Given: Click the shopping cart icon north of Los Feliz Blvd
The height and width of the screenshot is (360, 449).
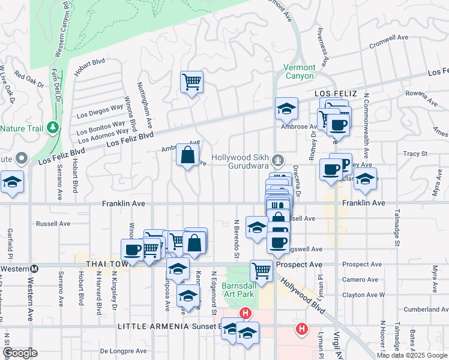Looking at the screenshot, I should pyautogui.click(x=191, y=81).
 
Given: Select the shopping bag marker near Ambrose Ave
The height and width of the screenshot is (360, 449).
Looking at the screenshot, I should pyautogui.click(x=188, y=156).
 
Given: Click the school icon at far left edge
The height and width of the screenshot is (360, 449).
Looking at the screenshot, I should pyautogui.click(x=11, y=182).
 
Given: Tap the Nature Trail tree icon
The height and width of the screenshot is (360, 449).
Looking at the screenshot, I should pyautogui.click(x=53, y=128).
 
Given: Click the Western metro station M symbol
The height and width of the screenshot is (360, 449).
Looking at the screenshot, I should pyautogui.click(x=35, y=269).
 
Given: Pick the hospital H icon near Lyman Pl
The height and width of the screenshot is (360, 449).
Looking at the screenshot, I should pyautogui.click(x=301, y=329).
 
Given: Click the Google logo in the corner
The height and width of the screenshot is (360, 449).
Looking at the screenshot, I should pyautogui.click(x=20, y=353).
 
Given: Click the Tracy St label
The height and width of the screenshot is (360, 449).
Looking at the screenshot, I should pyautogui.click(x=415, y=154).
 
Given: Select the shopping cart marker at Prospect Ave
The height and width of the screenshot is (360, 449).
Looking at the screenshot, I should pyautogui.click(x=261, y=271).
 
